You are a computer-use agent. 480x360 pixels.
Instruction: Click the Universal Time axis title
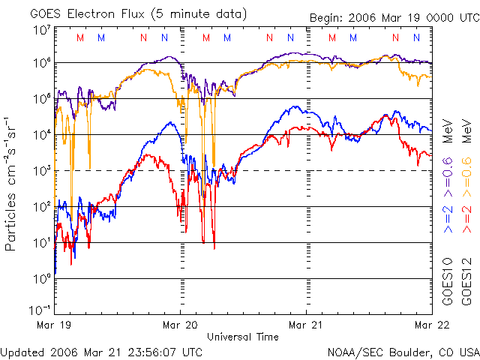[243, 337]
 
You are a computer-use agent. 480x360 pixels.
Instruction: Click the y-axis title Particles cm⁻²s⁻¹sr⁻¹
[11, 183]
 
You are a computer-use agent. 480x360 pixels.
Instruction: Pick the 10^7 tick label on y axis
[41, 29]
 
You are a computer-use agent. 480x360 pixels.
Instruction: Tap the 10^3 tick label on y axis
[41, 170]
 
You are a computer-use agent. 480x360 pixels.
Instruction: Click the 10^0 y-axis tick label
[41, 278]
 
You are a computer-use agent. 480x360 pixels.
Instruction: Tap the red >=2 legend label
[466, 217]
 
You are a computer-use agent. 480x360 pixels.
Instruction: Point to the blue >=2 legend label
[447, 217]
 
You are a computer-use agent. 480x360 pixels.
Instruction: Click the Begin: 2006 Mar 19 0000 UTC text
[393, 18]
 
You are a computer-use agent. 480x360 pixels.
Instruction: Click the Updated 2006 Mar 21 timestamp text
[102, 351]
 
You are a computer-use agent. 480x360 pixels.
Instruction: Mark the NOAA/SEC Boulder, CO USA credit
[403, 351]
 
